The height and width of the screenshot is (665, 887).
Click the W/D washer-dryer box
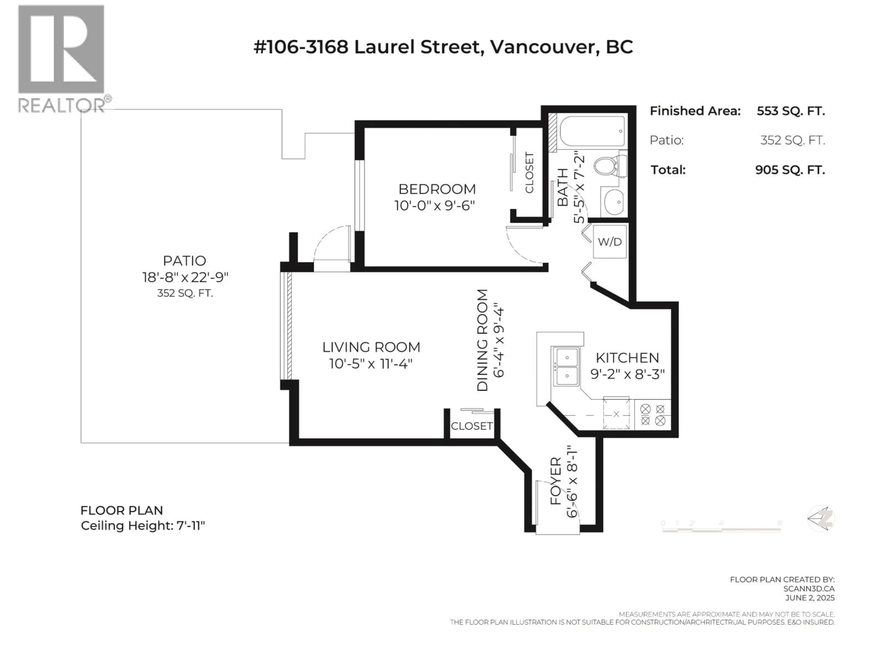(x=610, y=242)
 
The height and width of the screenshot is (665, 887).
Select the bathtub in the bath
(x=592, y=131)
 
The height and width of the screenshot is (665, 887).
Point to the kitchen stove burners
(x=652, y=415)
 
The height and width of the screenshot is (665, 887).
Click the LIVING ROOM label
(x=371, y=347)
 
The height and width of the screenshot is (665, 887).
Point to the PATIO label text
(x=185, y=261)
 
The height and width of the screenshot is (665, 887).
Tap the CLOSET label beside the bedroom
(x=529, y=172)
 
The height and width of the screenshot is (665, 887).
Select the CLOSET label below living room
(x=472, y=426)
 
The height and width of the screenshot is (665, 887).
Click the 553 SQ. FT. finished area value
(x=790, y=111)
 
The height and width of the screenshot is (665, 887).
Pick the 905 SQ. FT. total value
(x=790, y=170)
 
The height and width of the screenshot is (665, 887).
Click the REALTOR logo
(x=62, y=58)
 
